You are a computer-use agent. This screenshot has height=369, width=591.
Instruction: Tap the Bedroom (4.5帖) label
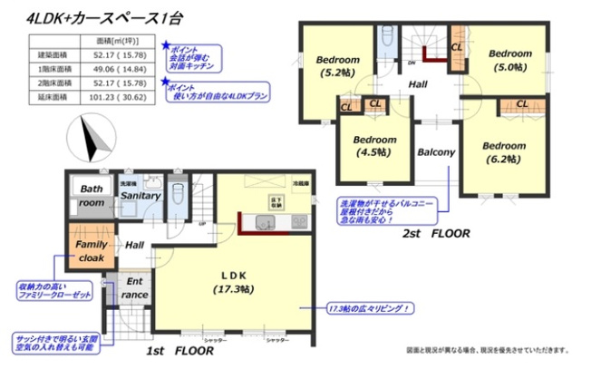click(374, 146)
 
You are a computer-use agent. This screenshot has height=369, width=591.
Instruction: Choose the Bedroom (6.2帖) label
click(503, 151)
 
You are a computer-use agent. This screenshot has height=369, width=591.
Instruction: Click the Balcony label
click(435, 152)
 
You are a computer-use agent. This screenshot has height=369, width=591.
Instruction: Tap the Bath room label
click(91, 196)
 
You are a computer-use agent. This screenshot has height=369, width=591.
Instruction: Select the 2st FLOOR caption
click(436, 233)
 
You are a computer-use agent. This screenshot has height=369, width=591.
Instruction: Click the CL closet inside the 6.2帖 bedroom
click(521, 104)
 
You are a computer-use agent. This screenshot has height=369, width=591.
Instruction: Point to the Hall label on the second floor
click(418, 83)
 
